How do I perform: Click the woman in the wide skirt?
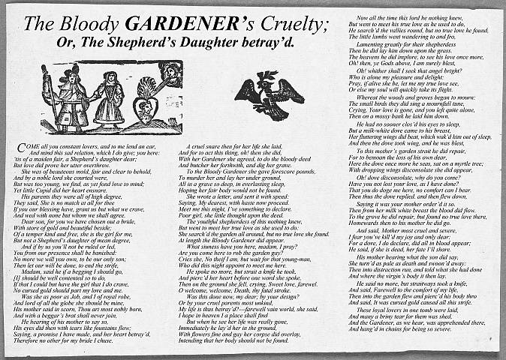111,97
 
